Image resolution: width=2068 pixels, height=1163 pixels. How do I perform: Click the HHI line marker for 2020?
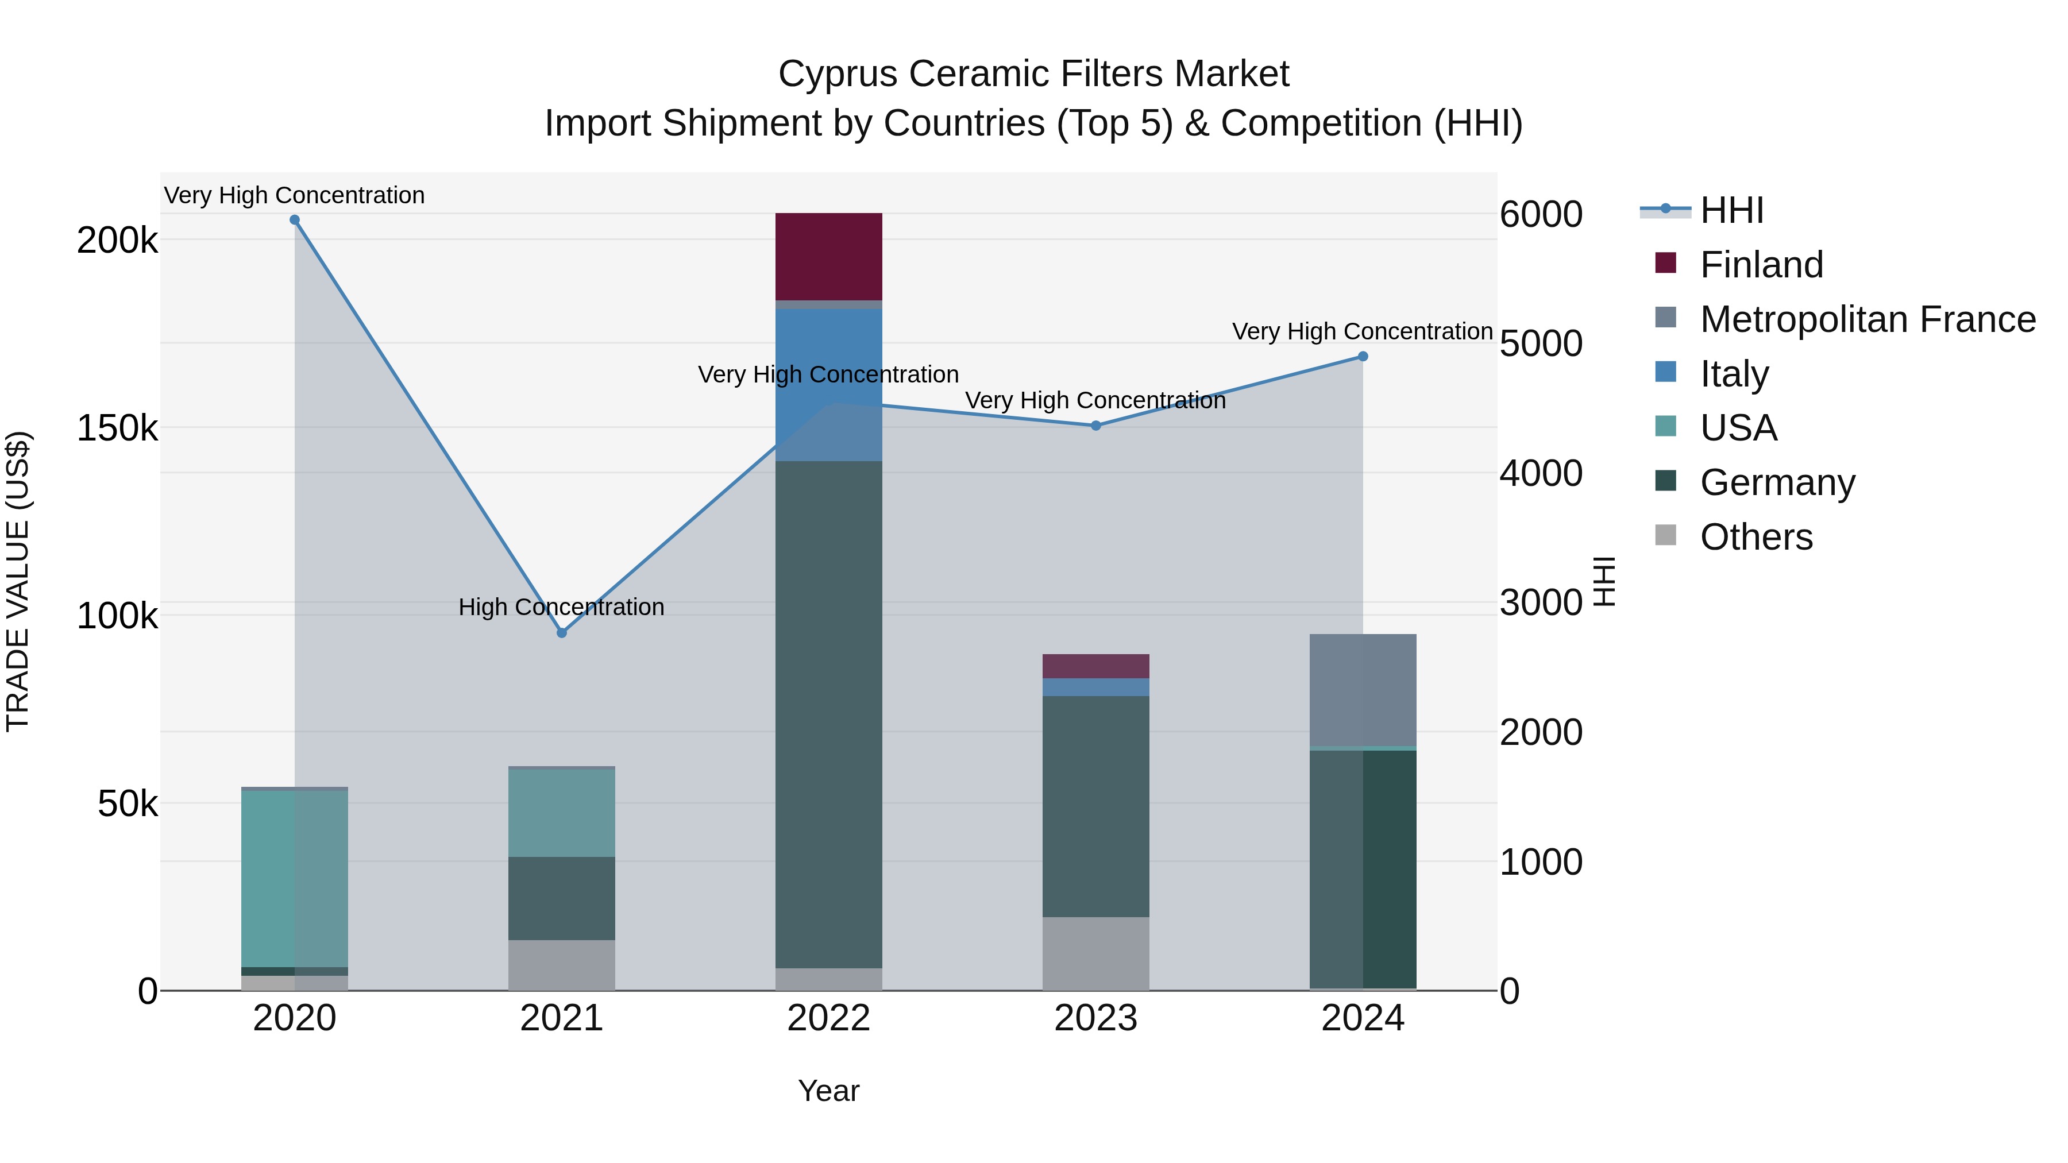[295, 220]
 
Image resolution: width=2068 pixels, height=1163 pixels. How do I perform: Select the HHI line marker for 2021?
[562, 632]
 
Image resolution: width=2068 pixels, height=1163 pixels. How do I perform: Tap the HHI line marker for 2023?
[1096, 426]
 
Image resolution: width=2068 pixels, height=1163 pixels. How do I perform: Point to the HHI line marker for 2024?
[1363, 356]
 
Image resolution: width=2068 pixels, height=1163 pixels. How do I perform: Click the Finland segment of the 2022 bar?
[828, 257]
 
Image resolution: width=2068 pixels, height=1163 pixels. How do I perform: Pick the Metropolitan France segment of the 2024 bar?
[1363, 690]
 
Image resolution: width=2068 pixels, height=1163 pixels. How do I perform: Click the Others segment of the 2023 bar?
[1096, 953]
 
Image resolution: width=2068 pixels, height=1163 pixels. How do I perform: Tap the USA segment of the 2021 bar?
[562, 812]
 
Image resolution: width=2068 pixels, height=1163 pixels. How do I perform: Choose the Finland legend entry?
[1761, 265]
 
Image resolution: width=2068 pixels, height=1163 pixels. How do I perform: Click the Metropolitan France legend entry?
[1868, 319]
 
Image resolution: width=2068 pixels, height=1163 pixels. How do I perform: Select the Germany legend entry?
[1777, 482]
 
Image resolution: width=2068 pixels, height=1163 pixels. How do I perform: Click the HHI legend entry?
[1731, 210]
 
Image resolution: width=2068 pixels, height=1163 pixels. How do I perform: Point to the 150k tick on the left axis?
[117, 428]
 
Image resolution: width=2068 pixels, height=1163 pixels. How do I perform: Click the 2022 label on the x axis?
[828, 1018]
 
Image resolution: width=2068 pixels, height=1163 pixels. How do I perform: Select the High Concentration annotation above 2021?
[561, 607]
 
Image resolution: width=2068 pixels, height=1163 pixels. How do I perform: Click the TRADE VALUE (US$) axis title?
[18, 581]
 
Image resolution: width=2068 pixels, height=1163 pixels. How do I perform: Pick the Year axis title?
[828, 1091]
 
